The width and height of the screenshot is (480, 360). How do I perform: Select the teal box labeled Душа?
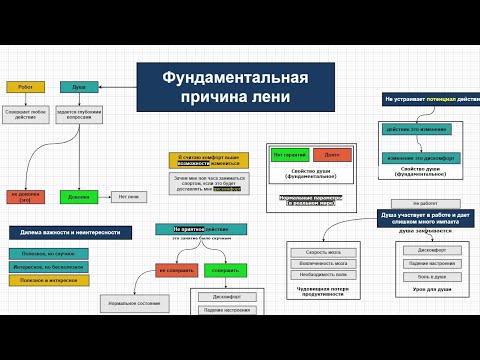[x=78, y=87]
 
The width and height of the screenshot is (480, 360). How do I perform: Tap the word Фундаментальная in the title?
[x=222, y=78]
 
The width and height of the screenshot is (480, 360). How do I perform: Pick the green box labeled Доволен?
[x=78, y=196]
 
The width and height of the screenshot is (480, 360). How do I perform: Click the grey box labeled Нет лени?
[x=128, y=196]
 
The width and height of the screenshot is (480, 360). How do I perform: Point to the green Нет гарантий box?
[x=289, y=154]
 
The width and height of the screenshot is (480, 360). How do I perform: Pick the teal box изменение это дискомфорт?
[x=412, y=158]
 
